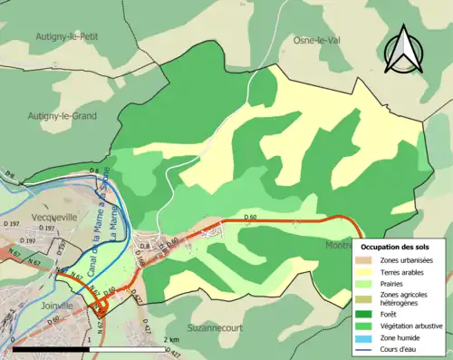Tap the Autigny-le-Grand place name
[63, 116]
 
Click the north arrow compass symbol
[405, 49]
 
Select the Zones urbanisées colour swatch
[363, 260]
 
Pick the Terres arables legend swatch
[363, 271]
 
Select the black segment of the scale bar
[55, 348]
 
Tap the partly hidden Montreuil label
[338, 246]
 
